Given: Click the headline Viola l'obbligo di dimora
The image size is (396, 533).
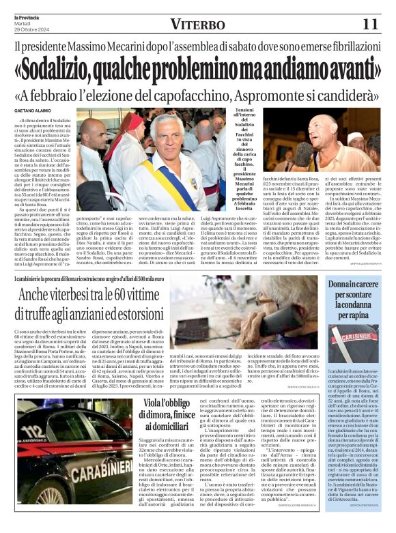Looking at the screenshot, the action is click(x=155, y=416).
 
